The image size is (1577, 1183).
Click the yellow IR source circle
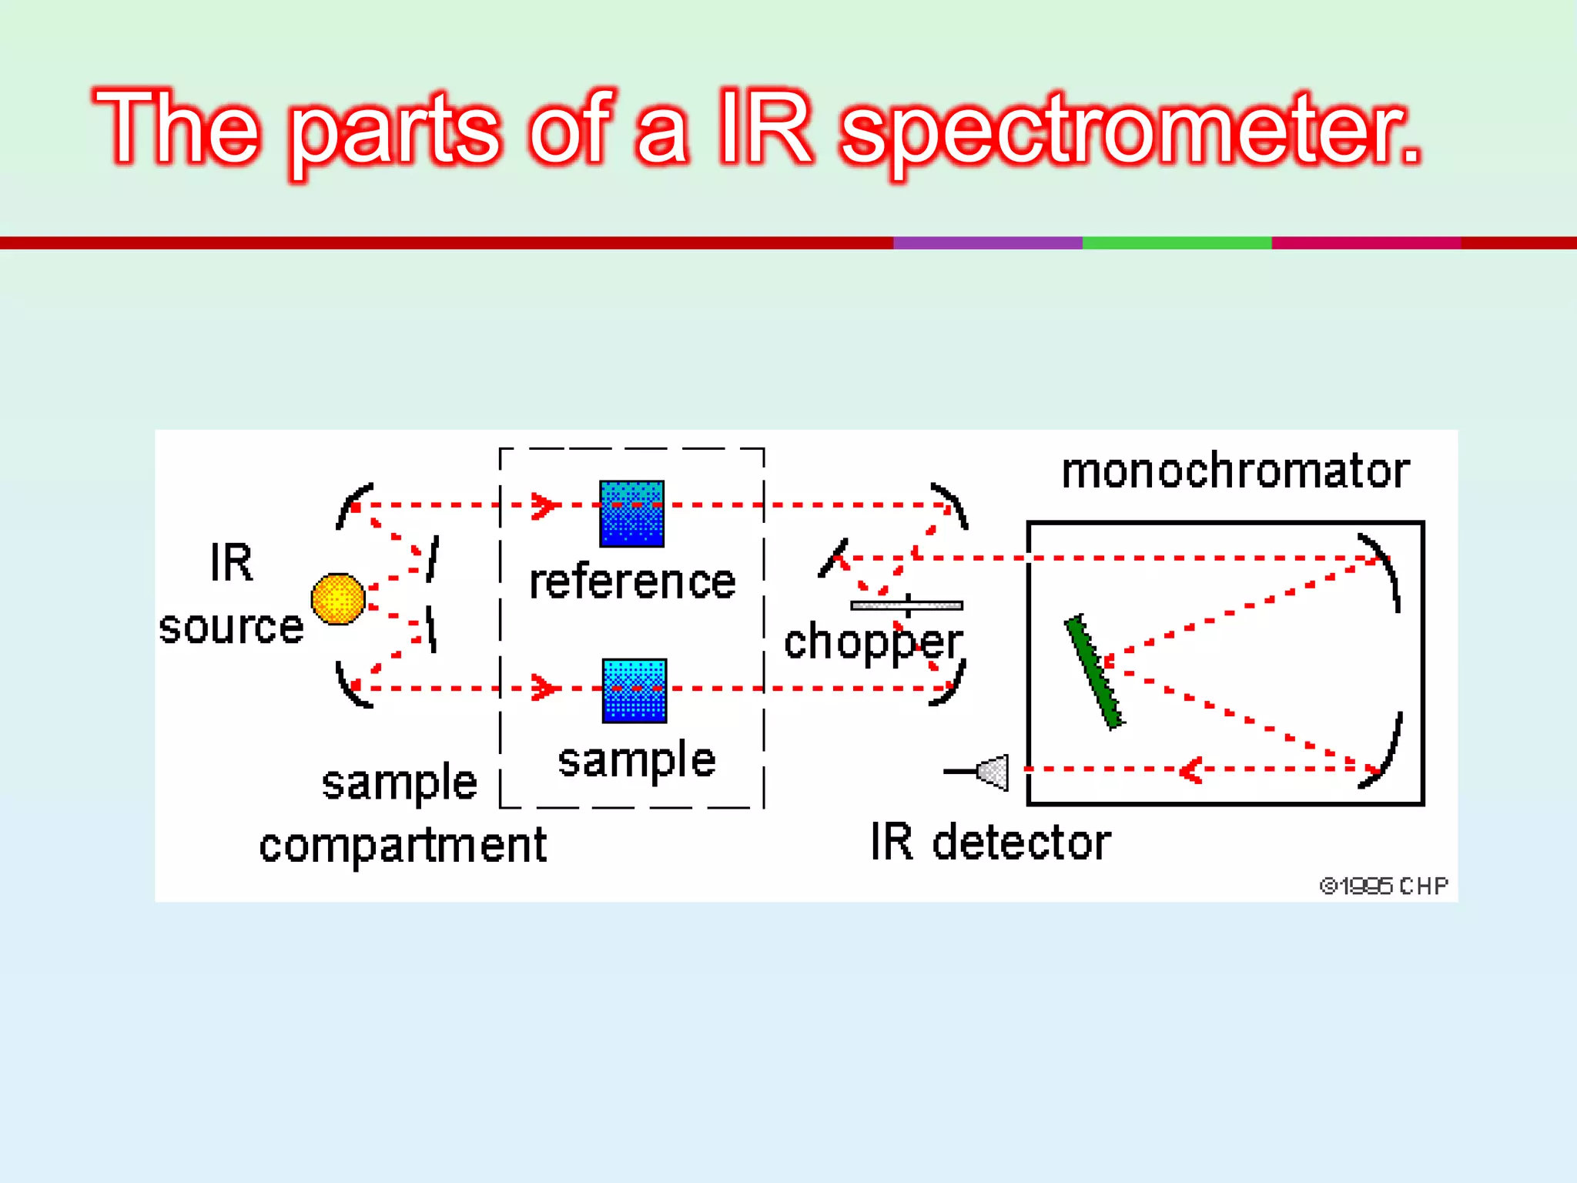[x=337, y=598]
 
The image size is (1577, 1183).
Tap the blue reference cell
[x=631, y=514]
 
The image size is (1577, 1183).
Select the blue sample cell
[x=634, y=691]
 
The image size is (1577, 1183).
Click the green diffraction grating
[x=1093, y=672]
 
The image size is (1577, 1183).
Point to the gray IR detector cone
[x=993, y=772]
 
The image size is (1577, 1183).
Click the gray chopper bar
[x=906, y=605]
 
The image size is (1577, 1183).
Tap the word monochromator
[x=1235, y=471]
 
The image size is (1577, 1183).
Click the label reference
[x=632, y=582]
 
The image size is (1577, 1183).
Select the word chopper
[x=873, y=643]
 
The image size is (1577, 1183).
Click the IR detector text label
[x=990, y=842]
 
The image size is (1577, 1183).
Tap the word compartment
[x=402, y=846]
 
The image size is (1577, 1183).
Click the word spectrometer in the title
[x=1130, y=129]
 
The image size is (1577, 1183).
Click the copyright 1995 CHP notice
[x=1383, y=886]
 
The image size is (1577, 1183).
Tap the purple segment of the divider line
[x=987, y=243]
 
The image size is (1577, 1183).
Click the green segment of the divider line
[x=1177, y=243]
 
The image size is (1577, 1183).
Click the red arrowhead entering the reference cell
[x=544, y=505]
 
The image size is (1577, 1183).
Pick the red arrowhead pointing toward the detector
[x=1191, y=769]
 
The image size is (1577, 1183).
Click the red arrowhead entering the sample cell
[x=544, y=688]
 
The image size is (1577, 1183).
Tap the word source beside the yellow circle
[x=231, y=627]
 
